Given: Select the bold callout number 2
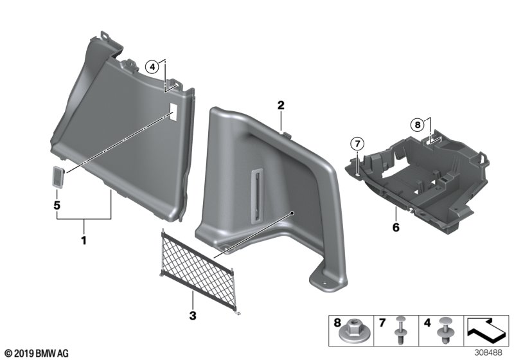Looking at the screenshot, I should (281, 105).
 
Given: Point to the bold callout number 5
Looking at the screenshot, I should (57, 207).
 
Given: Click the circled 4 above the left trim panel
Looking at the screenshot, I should (152, 66).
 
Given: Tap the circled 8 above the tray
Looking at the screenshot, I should (417, 123).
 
